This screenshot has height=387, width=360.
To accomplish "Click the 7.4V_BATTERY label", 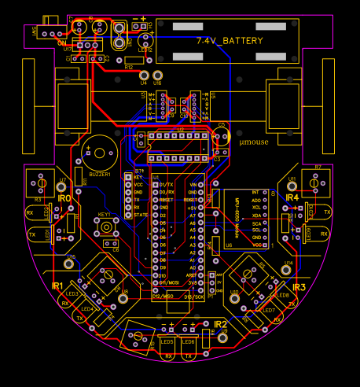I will point(230,39).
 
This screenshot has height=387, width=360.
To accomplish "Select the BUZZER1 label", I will point(100,174).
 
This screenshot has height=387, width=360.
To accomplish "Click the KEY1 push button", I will point(105,227).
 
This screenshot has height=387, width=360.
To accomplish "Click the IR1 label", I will point(57,286).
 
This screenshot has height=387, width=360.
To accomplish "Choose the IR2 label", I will point(220,323).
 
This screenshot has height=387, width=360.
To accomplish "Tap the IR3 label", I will point(299,288).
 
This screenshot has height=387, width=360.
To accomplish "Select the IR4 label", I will point(292,197).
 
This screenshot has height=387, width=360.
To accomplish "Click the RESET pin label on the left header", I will point(166,200).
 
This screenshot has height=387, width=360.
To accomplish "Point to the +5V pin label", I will point(191,208).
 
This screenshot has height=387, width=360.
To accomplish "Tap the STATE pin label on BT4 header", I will point(141,215).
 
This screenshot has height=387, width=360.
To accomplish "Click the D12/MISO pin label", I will point(163,296).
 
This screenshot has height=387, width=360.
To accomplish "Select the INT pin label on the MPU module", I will point(255,192).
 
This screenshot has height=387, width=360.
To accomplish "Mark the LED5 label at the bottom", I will point(167,341).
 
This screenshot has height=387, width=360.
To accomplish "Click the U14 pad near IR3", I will point(288,271).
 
